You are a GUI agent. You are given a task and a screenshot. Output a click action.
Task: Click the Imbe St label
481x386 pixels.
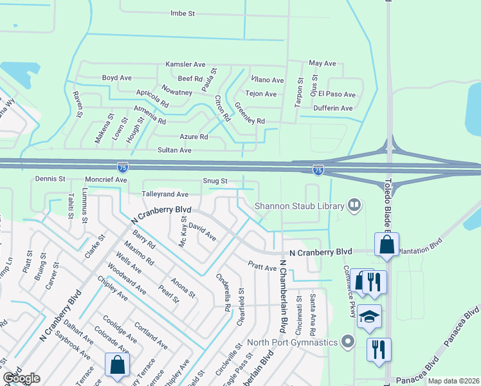pos(182,14)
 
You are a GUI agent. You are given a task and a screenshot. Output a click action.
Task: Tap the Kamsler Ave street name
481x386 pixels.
pos(185,64)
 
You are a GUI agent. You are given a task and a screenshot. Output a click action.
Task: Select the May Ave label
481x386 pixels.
pos(322,64)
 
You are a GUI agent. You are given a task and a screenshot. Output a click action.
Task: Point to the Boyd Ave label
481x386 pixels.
pos(116,78)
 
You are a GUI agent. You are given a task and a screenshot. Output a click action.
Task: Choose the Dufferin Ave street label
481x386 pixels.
pos(333,108)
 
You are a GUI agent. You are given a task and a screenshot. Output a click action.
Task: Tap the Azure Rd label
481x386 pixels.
pos(194,137)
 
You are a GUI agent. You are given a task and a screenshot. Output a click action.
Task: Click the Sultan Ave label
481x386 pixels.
pos(175,150)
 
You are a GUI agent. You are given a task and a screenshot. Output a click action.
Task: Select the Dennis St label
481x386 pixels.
pos(51,178)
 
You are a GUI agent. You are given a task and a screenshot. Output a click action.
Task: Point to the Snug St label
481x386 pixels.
pos(215,181)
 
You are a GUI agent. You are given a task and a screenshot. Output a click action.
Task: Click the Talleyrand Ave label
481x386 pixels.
pos(165,194)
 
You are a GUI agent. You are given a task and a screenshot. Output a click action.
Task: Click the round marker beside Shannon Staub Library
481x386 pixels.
pos(354,205)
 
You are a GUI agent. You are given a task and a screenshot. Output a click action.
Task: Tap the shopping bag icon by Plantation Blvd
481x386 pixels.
pos(386,244)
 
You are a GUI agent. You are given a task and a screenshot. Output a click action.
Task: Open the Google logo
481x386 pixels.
pos(21,378)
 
